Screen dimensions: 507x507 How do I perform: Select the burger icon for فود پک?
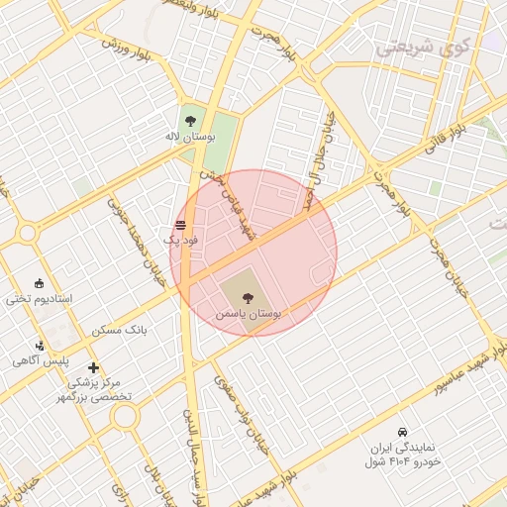pos(180,225)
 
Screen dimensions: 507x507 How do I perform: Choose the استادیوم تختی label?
pos(36,298)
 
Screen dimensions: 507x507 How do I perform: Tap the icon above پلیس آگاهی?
pos(39,346)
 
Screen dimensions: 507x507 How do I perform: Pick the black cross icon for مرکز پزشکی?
pos(94,368)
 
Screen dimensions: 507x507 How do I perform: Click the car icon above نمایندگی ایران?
pos(402,433)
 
